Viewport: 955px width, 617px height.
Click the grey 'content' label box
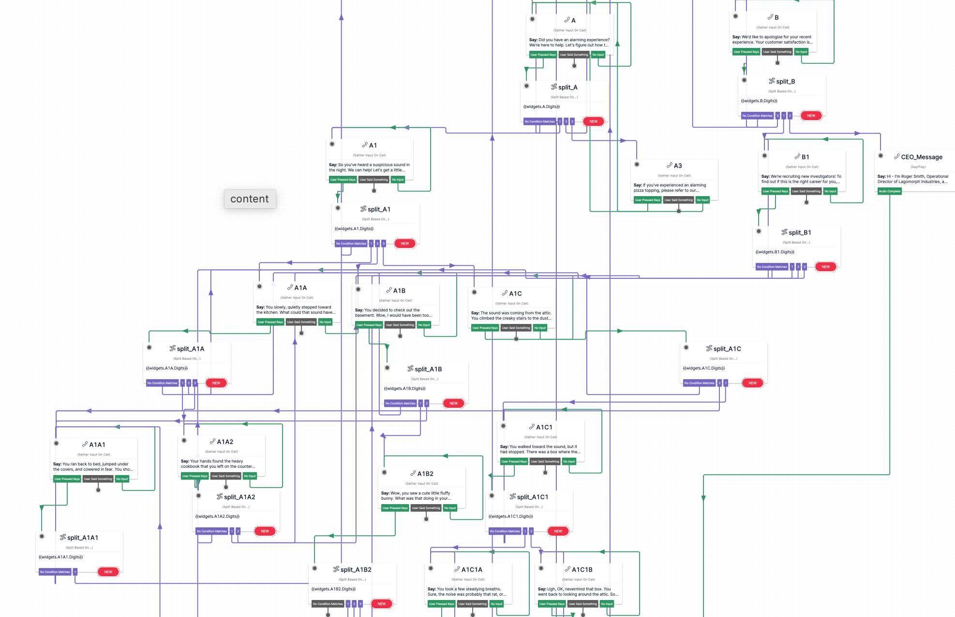[x=250, y=199]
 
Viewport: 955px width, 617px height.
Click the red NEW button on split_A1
[x=404, y=244]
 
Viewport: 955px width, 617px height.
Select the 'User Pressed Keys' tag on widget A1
[x=343, y=180]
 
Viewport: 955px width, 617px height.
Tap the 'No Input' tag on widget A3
[x=702, y=200]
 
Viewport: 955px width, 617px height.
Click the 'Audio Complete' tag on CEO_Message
[x=889, y=191]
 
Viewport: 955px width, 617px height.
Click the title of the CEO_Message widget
[x=921, y=157]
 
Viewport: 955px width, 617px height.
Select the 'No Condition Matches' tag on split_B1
[x=772, y=267]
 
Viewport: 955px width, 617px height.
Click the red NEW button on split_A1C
[x=752, y=383]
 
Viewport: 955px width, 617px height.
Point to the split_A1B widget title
[x=428, y=369]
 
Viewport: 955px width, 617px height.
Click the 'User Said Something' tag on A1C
[x=516, y=328]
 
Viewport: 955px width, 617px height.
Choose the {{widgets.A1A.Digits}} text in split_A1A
[x=167, y=368]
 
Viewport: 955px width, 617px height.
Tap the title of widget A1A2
[x=225, y=442]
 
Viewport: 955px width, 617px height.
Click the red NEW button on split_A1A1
[x=108, y=572]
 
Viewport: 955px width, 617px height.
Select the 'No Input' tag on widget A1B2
[x=450, y=508]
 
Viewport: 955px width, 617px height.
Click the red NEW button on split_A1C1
[x=558, y=531]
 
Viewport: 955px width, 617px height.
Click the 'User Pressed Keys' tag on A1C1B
[x=552, y=604]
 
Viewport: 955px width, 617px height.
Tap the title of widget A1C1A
[x=472, y=570]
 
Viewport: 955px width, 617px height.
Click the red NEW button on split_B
[x=811, y=116]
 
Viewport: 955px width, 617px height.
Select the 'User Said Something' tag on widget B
[x=777, y=52]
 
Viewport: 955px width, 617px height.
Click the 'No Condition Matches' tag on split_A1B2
[x=328, y=604]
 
